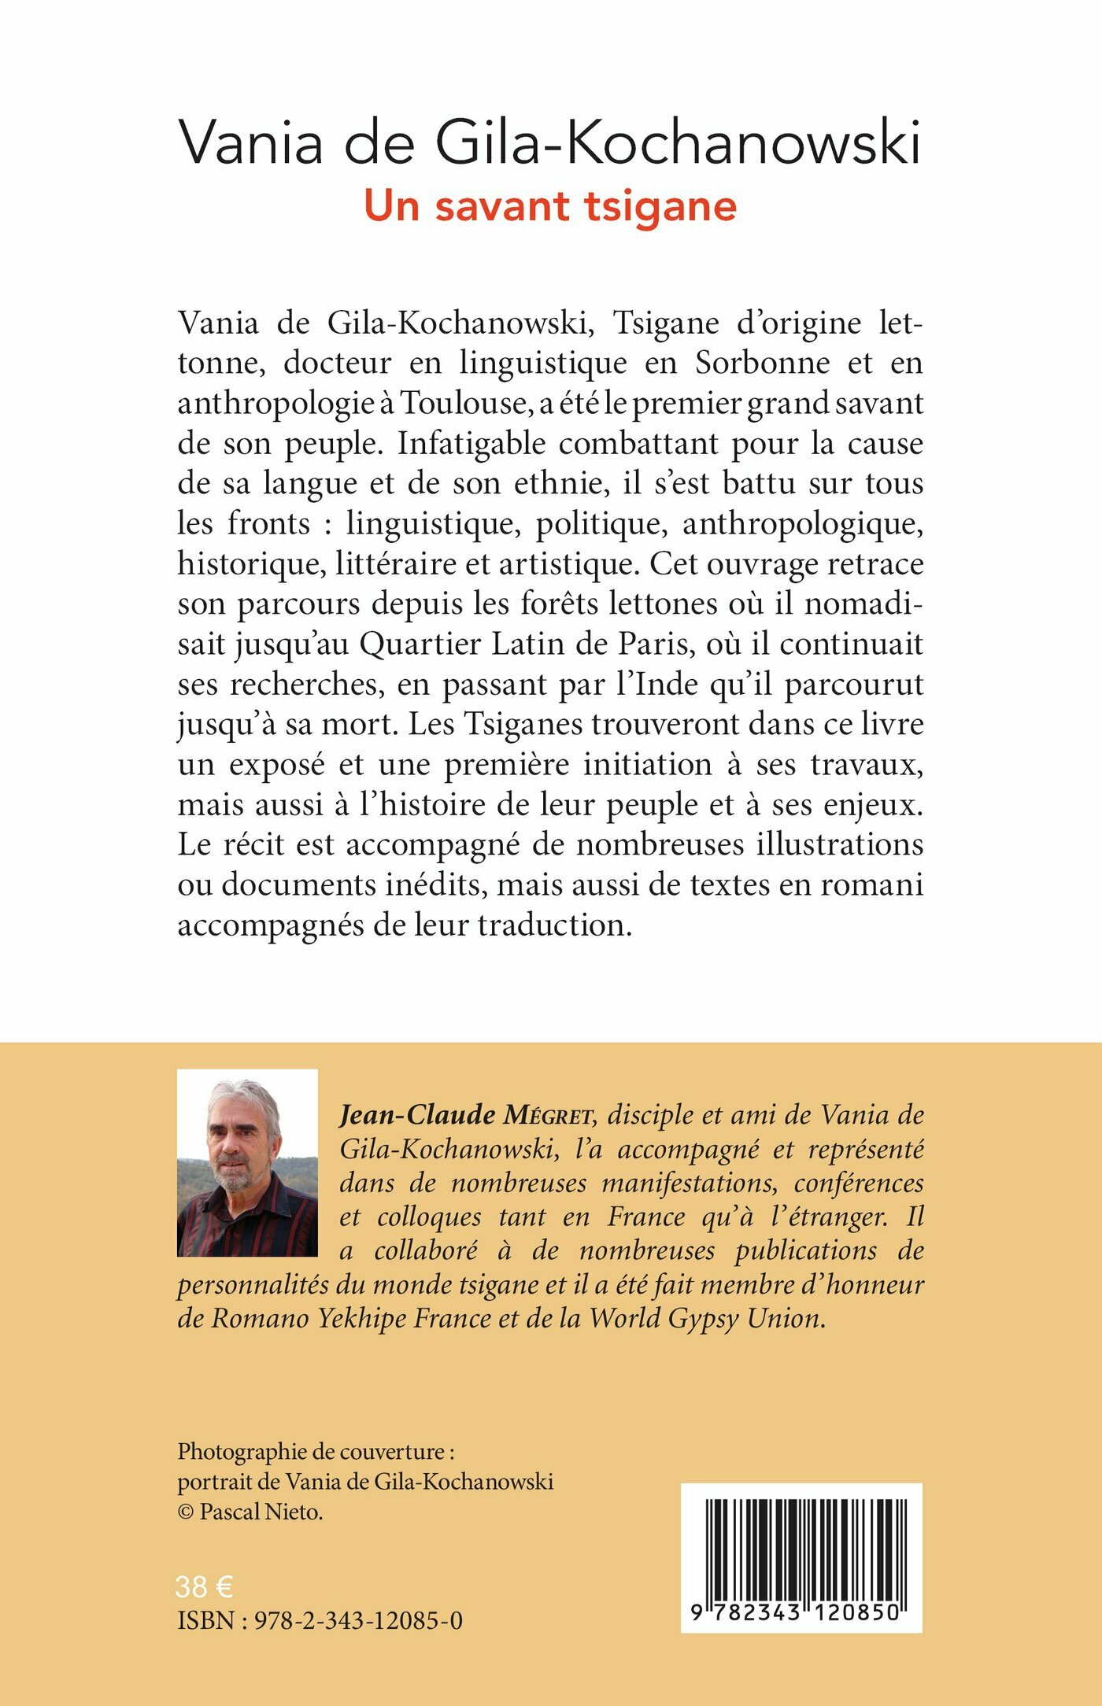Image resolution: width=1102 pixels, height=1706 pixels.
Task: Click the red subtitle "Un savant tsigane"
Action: tap(550, 207)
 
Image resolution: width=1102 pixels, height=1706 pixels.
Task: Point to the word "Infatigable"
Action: tap(471, 444)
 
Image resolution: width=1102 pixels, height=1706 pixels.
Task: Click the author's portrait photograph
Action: tap(247, 1162)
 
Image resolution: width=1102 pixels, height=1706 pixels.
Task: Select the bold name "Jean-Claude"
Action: tap(417, 1115)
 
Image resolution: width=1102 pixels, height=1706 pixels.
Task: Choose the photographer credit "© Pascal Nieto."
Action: tap(250, 1512)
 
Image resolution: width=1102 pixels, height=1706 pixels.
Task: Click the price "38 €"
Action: tap(204, 1587)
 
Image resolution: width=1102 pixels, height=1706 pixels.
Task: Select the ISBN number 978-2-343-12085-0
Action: tap(358, 1621)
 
